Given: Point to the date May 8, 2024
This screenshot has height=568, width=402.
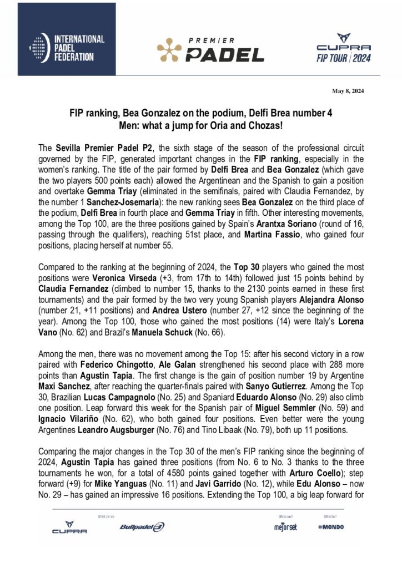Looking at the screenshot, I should (349, 91).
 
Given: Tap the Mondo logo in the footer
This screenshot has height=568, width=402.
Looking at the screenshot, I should (331, 526).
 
